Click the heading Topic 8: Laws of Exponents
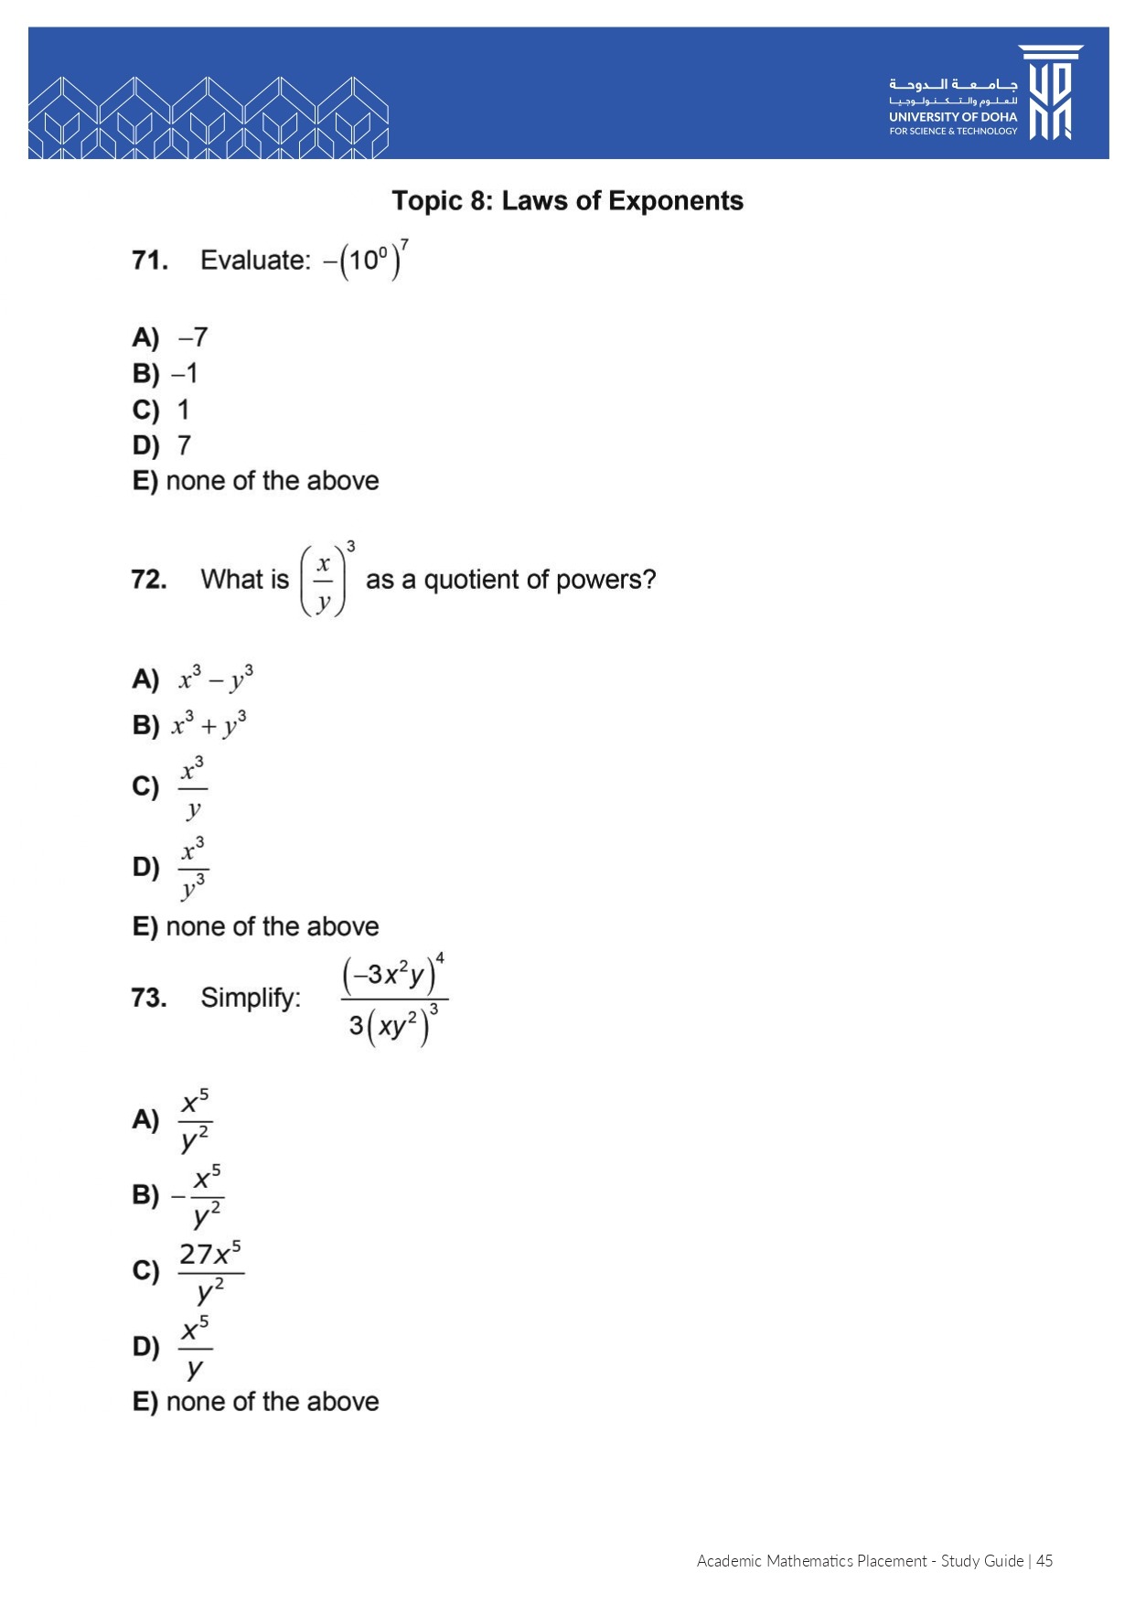(567, 201)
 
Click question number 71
(150, 261)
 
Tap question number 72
(149, 580)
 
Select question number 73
(149, 998)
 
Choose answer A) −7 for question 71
(171, 338)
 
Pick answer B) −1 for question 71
(166, 374)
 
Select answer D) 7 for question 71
(163, 445)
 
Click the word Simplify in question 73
(251, 998)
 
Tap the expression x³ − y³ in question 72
(216, 679)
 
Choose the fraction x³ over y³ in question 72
(193, 868)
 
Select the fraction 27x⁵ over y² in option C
(210, 1272)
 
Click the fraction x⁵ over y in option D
(195, 1348)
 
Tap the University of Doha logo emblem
(1051, 92)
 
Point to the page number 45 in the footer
(1044, 1561)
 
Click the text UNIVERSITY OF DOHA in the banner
(952, 117)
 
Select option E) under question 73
(256, 1402)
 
